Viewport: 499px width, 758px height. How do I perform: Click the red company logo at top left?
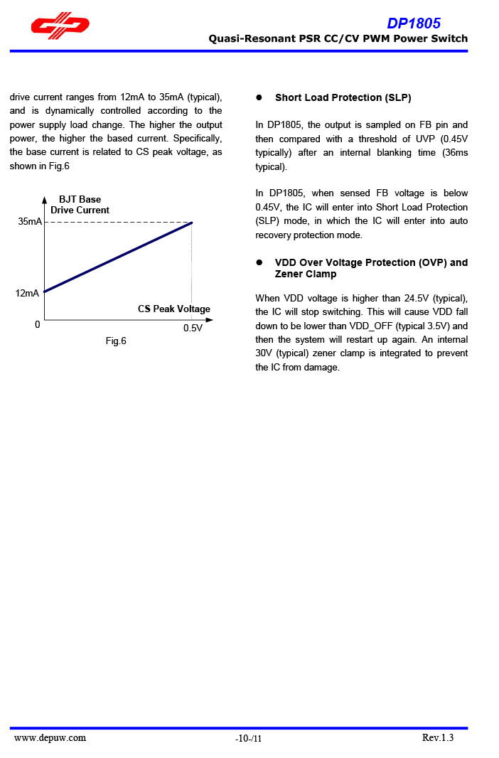(x=60, y=26)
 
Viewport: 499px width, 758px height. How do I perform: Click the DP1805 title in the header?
(x=414, y=23)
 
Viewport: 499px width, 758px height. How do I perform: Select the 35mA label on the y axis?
(x=30, y=222)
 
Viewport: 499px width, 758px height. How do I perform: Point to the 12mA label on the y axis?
(x=28, y=293)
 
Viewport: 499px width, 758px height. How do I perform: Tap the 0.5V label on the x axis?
(x=193, y=329)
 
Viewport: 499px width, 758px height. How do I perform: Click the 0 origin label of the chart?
(x=37, y=324)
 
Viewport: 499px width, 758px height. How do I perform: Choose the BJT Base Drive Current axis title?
(x=80, y=205)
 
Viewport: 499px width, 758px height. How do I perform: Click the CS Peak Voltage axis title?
(x=174, y=309)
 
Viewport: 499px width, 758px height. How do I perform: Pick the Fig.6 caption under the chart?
(x=116, y=341)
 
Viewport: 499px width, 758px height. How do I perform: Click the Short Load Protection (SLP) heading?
(x=343, y=97)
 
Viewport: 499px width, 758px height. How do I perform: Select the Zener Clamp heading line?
(x=306, y=274)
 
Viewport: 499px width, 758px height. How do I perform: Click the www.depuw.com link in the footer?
(x=50, y=737)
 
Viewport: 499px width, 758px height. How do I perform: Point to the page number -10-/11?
(x=248, y=739)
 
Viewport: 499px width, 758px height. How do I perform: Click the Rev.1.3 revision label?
(x=437, y=737)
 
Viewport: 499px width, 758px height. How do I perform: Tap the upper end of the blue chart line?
(x=191, y=223)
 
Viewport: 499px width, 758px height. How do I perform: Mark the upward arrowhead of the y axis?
(x=44, y=200)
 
